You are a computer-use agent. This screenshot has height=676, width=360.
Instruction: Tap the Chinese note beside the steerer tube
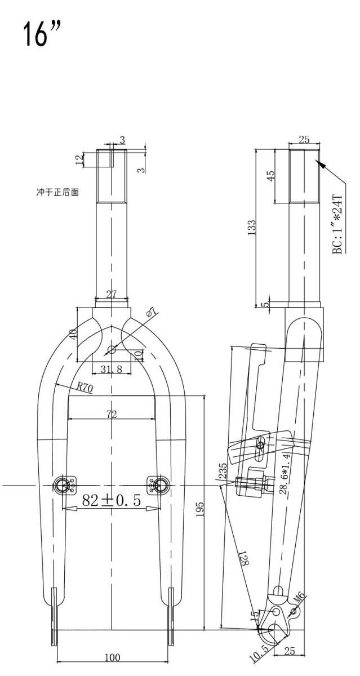(57, 193)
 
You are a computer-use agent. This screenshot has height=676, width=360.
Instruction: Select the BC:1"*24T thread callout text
(337, 225)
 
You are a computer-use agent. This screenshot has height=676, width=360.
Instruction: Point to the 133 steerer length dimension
(252, 226)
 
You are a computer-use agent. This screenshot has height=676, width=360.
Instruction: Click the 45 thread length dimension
(272, 175)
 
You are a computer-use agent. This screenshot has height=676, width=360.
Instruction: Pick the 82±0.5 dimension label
(111, 500)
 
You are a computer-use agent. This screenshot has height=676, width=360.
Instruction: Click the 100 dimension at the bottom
(112, 657)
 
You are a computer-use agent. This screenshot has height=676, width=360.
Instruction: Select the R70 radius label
(85, 387)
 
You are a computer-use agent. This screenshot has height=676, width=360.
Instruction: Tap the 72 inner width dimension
(112, 415)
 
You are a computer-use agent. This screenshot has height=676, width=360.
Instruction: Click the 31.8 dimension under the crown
(112, 370)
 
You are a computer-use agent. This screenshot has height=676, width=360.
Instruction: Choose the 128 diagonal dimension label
(245, 557)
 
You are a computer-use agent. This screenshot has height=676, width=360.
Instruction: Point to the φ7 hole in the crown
(112, 350)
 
